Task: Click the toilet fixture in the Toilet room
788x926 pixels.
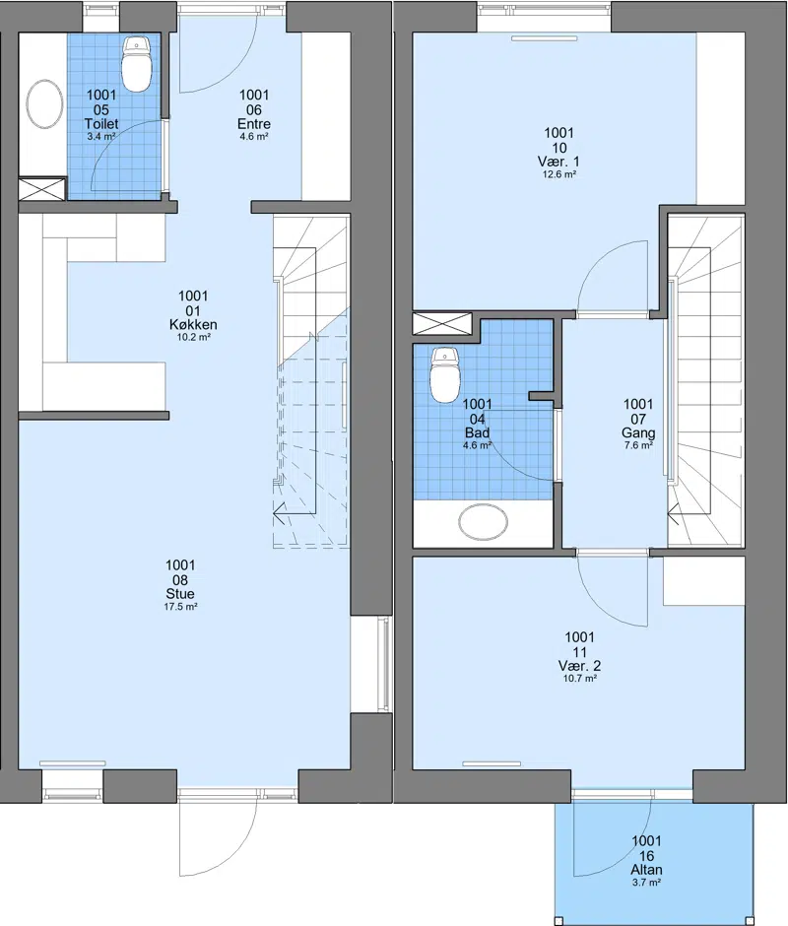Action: click(x=137, y=64)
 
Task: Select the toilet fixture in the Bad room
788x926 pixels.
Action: click(x=445, y=375)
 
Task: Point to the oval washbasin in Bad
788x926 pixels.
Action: click(x=484, y=521)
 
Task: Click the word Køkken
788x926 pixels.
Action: click(x=193, y=324)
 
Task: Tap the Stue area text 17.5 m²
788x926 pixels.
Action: click(x=180, y=607)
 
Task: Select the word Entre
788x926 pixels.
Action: click(x=254, y=124)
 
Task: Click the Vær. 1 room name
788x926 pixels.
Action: click(x=558, y=162)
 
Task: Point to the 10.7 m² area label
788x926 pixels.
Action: click(x=579, y=679)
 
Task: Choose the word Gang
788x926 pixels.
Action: click(x=638, y=433)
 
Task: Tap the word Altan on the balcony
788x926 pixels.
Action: click(x=646, y=869)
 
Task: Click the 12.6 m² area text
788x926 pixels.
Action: click(x=559, y=174)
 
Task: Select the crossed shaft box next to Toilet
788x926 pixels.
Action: click(x=42, y=189)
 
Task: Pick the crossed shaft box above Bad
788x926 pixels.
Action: click(x=442, y=324)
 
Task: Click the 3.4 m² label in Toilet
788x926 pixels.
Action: click(x=101, y=136)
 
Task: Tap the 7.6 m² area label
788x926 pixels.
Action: click(x=638, y=446)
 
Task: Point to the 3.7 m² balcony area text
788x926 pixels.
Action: click(x=646, y=883)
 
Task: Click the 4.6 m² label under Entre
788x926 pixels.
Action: click(x=254, y=136)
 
